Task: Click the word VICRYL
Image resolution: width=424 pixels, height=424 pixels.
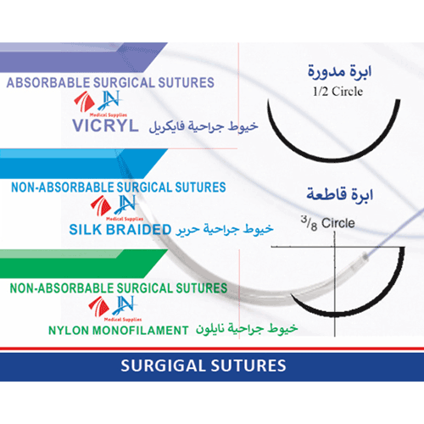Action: point(105,126)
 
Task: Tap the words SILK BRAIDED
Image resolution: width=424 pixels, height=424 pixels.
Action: point(120,229)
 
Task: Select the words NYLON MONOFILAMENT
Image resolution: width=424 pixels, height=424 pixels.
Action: point(119,330)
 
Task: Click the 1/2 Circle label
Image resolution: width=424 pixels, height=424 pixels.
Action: point(338,92)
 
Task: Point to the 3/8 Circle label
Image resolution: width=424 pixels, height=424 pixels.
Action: point(328,223)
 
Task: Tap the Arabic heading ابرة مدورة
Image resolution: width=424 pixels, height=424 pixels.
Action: point(339,71)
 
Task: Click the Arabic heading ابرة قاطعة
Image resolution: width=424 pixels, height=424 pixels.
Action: point(340,195)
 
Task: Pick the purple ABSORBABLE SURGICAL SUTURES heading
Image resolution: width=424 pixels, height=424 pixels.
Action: point(110,82)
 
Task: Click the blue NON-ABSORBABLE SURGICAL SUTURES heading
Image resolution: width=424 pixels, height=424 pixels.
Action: point(119,187)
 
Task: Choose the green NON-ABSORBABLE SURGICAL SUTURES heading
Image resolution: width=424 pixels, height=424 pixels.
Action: point(119,288)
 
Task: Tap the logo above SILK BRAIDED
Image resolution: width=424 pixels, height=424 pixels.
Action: point(116,208)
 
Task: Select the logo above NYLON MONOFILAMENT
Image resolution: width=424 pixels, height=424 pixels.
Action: point(114,309)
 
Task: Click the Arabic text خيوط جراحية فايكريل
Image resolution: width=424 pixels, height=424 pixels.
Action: point(204,126)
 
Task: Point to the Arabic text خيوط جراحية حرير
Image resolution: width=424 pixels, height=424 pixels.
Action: point(225,229)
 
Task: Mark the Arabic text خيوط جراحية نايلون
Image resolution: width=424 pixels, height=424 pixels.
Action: point(247,329)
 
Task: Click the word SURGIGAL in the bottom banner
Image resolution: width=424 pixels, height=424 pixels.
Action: point(163,365)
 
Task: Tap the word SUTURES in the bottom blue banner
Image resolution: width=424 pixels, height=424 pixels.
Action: point(248,365)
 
